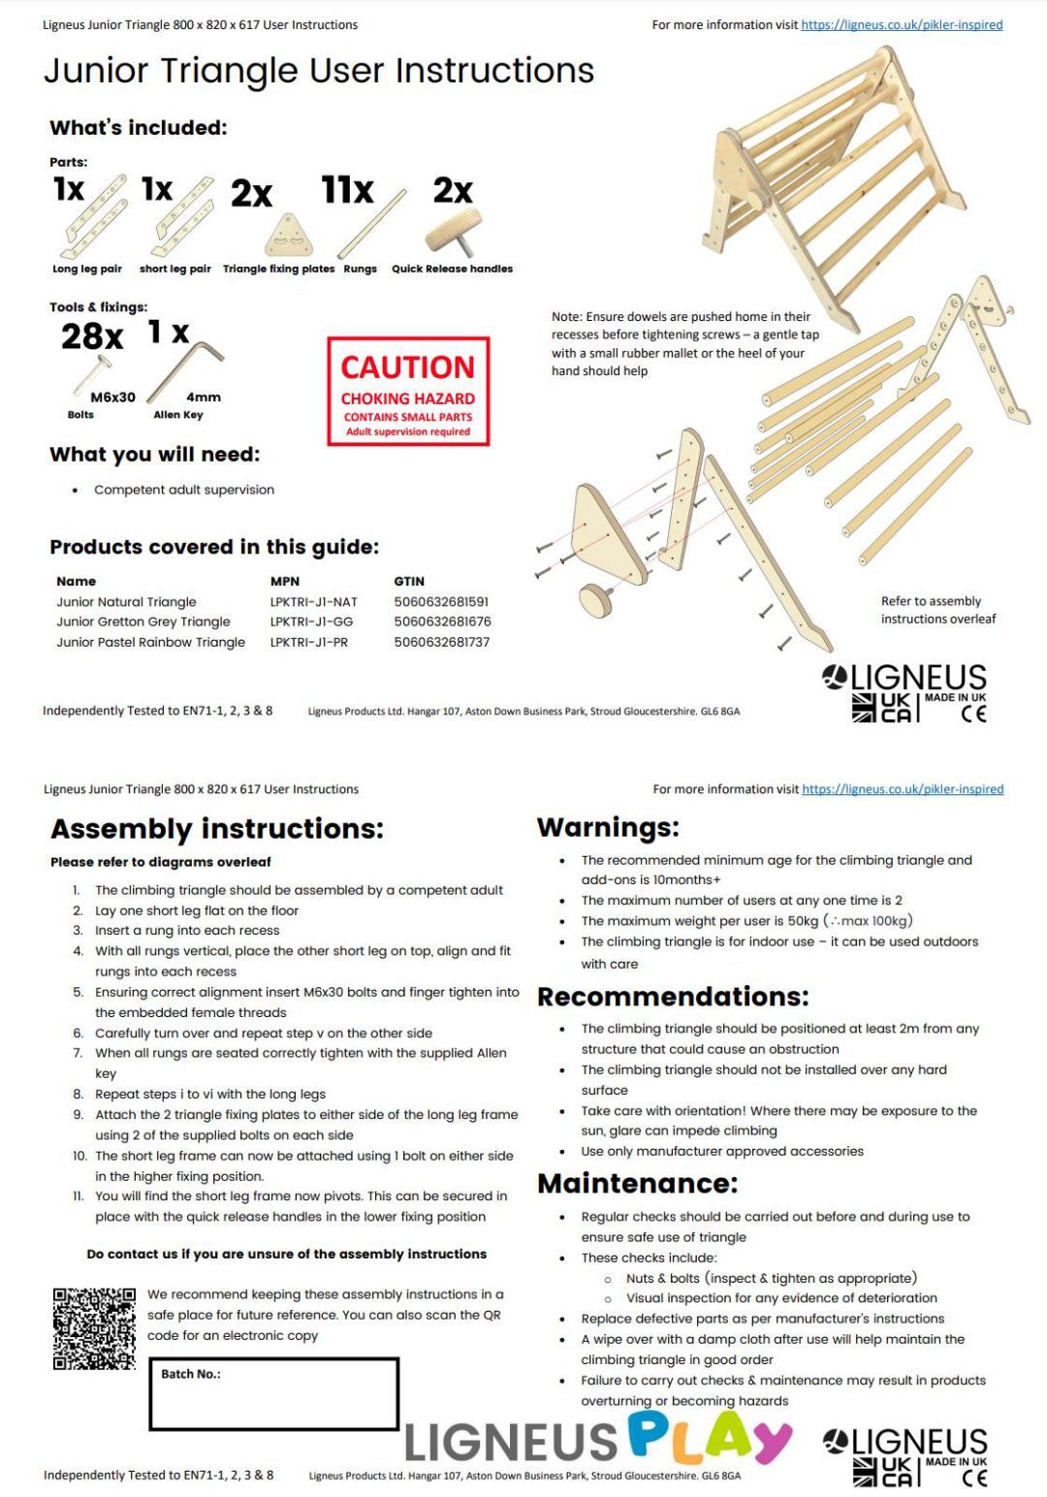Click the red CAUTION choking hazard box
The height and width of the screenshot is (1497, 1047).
pyautogui.click(x=408, y=392)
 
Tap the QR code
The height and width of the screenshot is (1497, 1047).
pyautogui.click(x=94, y=1328)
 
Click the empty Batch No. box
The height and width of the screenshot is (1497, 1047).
pyautogui.click(x=273, y=1394)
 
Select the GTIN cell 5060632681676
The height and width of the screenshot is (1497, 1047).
pyautogui.click(x=442, y=621)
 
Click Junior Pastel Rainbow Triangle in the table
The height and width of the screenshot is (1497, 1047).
pyautogui.click(x=150, y=642)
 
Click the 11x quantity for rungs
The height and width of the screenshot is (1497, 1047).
pyautogui.click(x=347, y=190)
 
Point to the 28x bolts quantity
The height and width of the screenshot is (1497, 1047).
pyautogui.click(x=92, y=336)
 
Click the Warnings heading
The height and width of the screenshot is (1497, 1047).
pyautogui.click(x=608, y=827)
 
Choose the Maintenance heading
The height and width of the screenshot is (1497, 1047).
pyautogui.click(x=637, y=1183)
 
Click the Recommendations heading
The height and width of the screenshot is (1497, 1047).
pyautogui.click(x=673, y=997)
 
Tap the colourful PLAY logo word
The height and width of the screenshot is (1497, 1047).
pyautogui.click(x=710, y=1437)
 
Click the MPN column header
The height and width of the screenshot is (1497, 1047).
pyautogui.click(x=284, y=582)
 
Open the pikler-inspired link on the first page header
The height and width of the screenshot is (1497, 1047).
pyautogui.click(x=902, y=25)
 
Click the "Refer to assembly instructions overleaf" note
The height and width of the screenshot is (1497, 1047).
pyautogui.click(x=937, y=610)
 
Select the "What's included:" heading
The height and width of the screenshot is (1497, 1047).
pyautogui.click(x=138, y=128)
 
